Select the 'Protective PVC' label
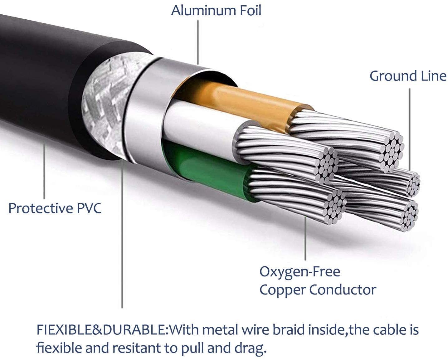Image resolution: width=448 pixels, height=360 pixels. [55, 208]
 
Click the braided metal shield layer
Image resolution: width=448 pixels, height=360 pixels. [108, 100]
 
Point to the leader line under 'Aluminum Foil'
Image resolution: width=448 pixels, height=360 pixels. [198, 42]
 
